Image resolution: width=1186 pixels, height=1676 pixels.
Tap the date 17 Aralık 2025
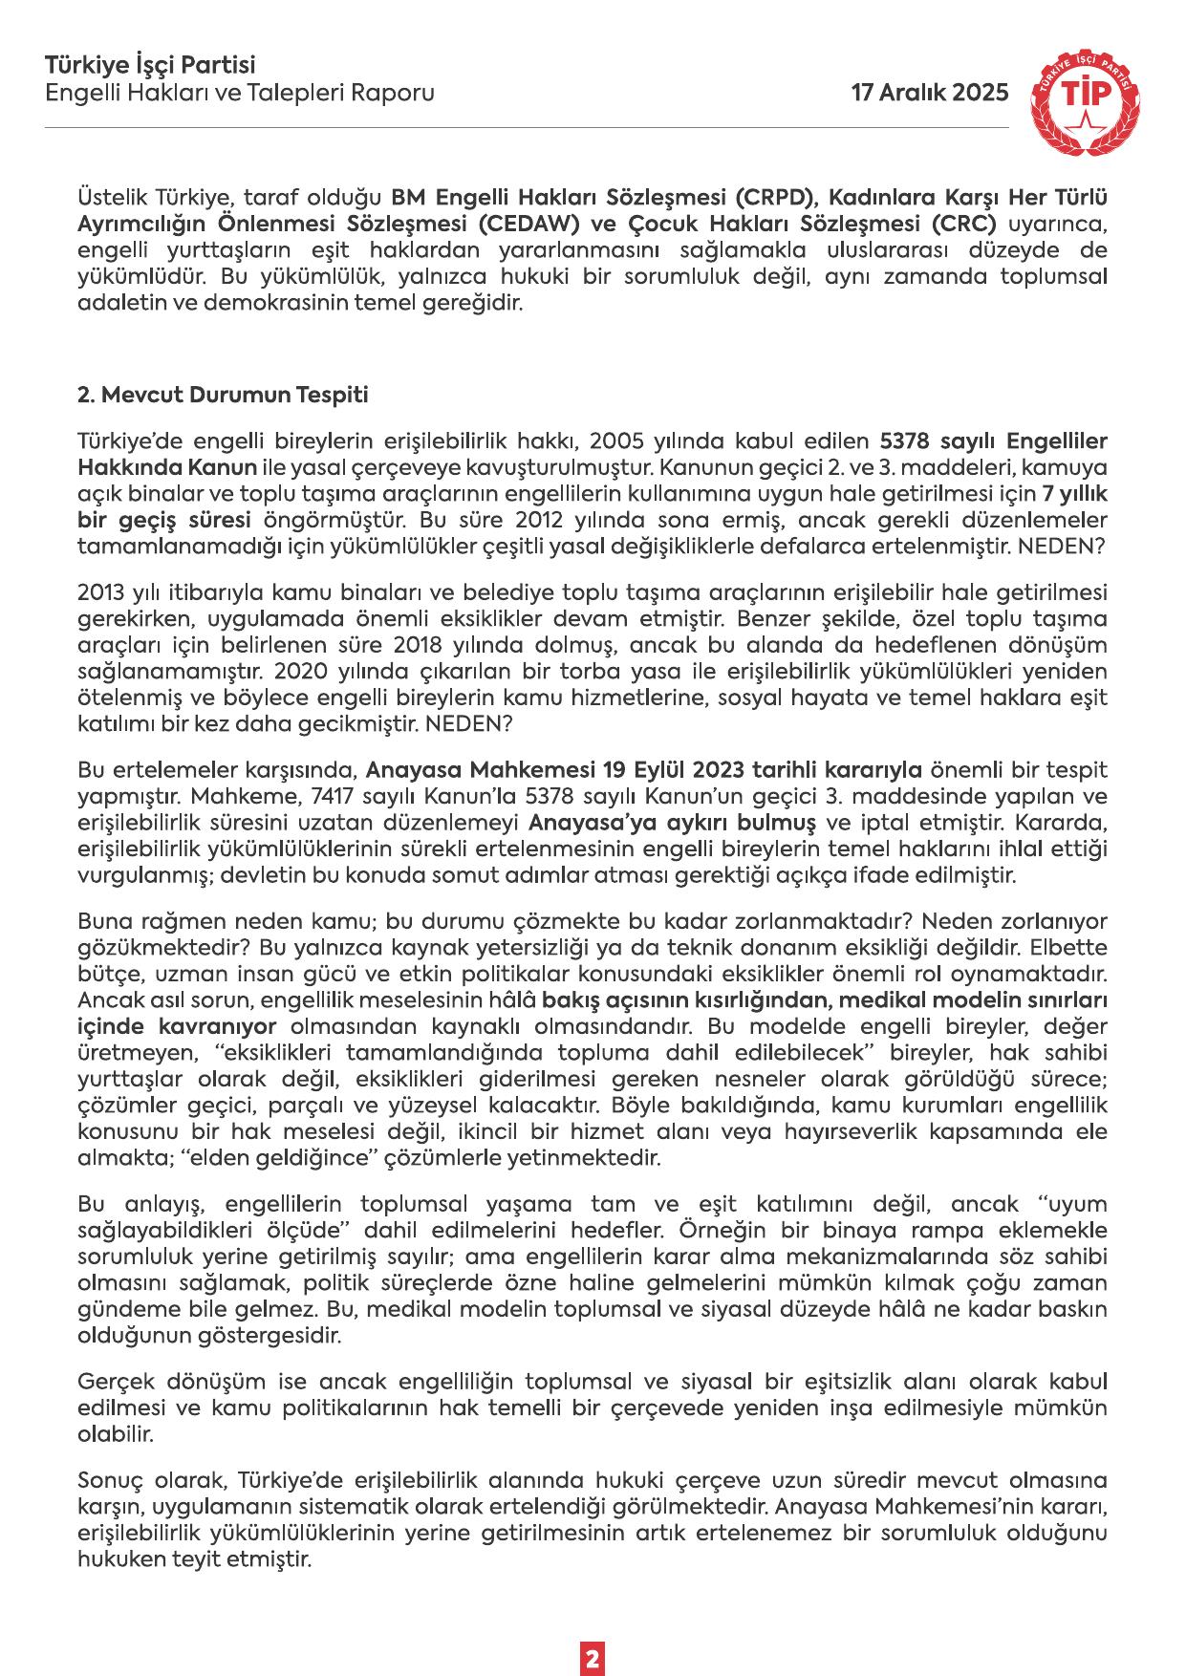(930, 93)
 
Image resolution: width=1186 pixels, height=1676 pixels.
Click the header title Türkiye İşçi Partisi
(150, 66)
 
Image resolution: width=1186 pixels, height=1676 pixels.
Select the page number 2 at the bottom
(593, 1632)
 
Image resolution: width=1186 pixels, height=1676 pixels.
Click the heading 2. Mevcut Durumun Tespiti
(222, 395)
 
